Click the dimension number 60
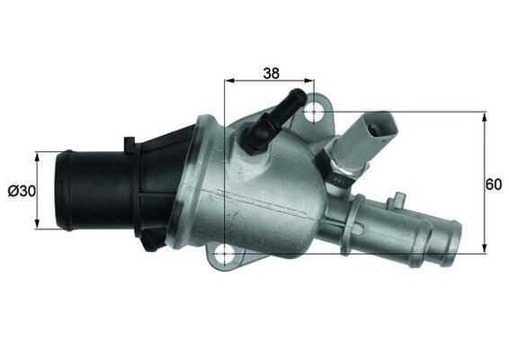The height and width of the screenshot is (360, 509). click(493, 184)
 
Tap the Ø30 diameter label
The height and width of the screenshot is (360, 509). click(20, 191)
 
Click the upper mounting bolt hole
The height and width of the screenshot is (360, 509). click(314, 112)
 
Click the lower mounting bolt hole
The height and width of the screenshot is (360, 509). click(224, 255)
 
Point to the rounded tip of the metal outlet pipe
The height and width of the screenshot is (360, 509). click(452, 241)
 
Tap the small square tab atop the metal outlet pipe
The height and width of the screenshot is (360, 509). click(397, 194)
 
